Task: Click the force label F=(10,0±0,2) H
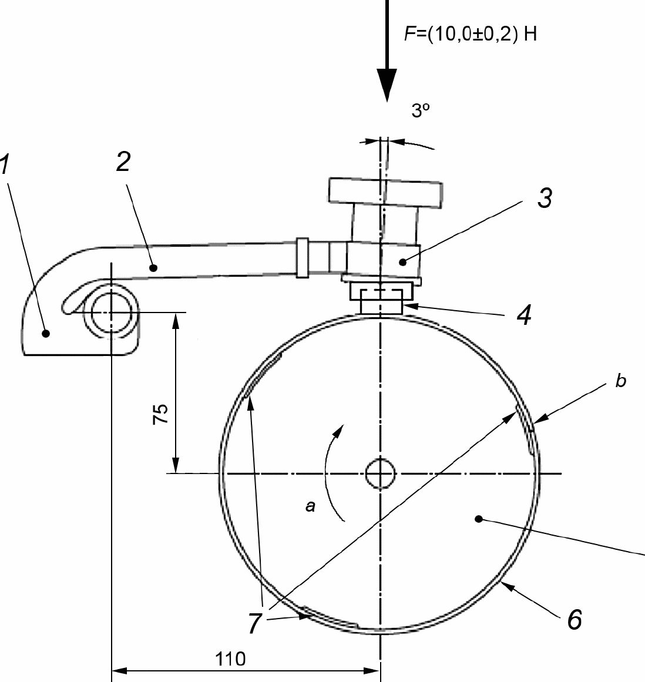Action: (x=471, y=34)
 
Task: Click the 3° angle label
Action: (x=421, y=110)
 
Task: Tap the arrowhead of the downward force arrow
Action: (x=386, y=85)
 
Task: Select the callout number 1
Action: (x=4, y=163)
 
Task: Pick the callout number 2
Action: (x=123, y=162)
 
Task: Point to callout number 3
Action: (x=545, y=198)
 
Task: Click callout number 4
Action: (x=525, y=315)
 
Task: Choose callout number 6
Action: (x=575, y=619)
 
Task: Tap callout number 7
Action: (x=255, y=623)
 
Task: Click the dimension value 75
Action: (x=160, y=414)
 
